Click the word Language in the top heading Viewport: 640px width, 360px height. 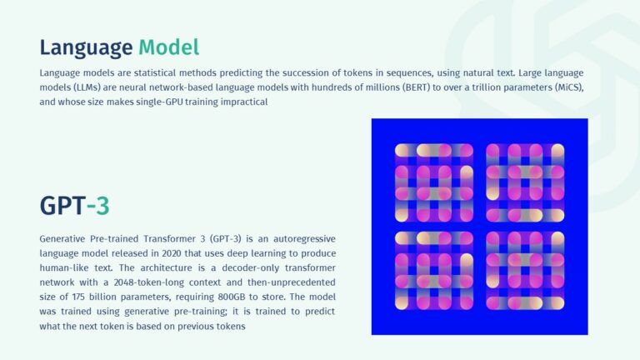tap(86, 47)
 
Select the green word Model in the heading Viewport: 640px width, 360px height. tap(169, 47)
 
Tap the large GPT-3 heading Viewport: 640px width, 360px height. tap(74, 205)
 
